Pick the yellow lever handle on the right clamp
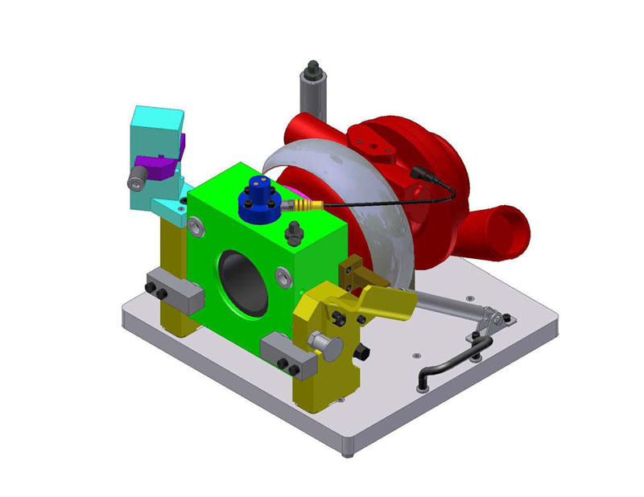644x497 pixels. coord(386,302)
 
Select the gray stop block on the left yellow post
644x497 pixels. coord(172,293)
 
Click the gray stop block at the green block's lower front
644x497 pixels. coord(283,352)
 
